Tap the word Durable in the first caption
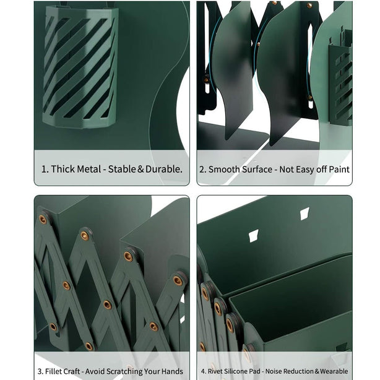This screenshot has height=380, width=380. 163,169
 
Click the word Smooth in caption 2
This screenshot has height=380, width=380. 222,170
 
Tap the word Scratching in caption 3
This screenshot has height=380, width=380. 124,372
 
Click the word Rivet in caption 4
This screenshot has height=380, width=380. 215,371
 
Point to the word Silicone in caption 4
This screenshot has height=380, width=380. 237,371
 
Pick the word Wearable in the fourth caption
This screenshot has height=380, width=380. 334,371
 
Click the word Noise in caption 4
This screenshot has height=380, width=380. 274,371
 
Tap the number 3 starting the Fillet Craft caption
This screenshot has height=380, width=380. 40,371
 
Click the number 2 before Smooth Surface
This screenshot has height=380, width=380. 202,170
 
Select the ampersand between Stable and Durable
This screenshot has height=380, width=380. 140,169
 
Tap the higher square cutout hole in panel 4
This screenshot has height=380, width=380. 305,214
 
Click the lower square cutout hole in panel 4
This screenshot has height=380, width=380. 254,236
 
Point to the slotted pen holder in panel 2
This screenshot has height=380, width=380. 340,77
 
